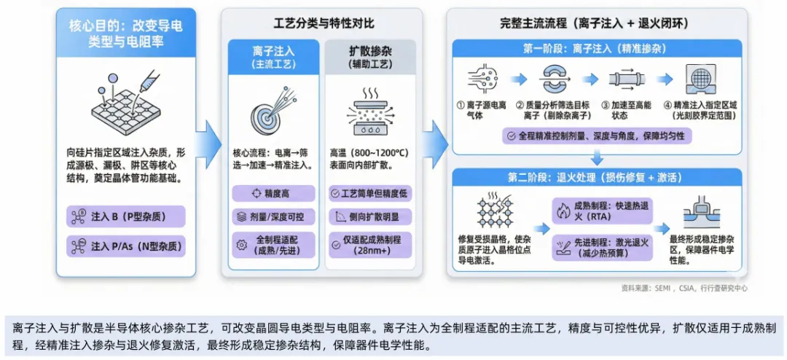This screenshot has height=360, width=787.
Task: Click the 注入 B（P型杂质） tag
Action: tap(125, 216)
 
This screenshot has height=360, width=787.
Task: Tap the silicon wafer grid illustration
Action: tap(125, 109)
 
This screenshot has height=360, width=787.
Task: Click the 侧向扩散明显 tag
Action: tap(370, 216)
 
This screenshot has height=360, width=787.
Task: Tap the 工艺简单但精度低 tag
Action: tap(370, 194)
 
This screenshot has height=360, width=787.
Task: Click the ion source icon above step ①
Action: tap(483, 79)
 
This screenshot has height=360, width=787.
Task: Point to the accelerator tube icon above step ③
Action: tap(625, 79)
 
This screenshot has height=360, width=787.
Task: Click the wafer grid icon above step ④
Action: tap(699, 79)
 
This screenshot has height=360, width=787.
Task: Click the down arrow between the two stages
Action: tap(597, 157)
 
